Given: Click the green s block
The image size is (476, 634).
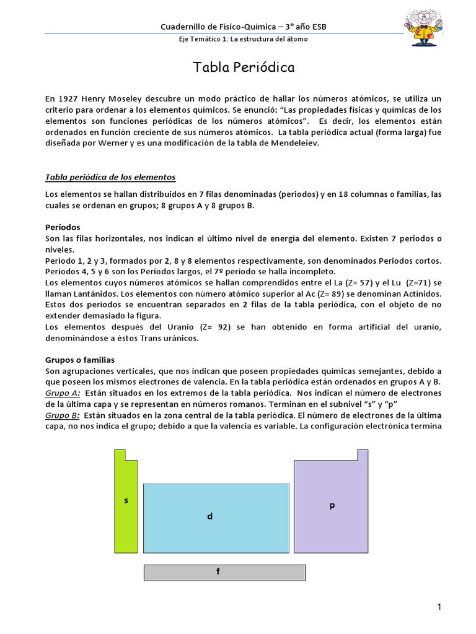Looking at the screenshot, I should pyautogui.click(x=126, y=500).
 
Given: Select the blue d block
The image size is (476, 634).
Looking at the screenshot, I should pyautogui.click(x=216, y=517).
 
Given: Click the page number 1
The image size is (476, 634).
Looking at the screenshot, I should pyautogui.click(x=439, y=608).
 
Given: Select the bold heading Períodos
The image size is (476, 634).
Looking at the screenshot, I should pyautogui.click(x=63, y=227).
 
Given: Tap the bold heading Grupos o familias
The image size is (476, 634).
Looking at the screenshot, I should pyautogui.click(x=80, y=360).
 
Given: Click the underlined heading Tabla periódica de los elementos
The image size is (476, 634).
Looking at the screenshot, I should pyautogui.click(x=111, y=178).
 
